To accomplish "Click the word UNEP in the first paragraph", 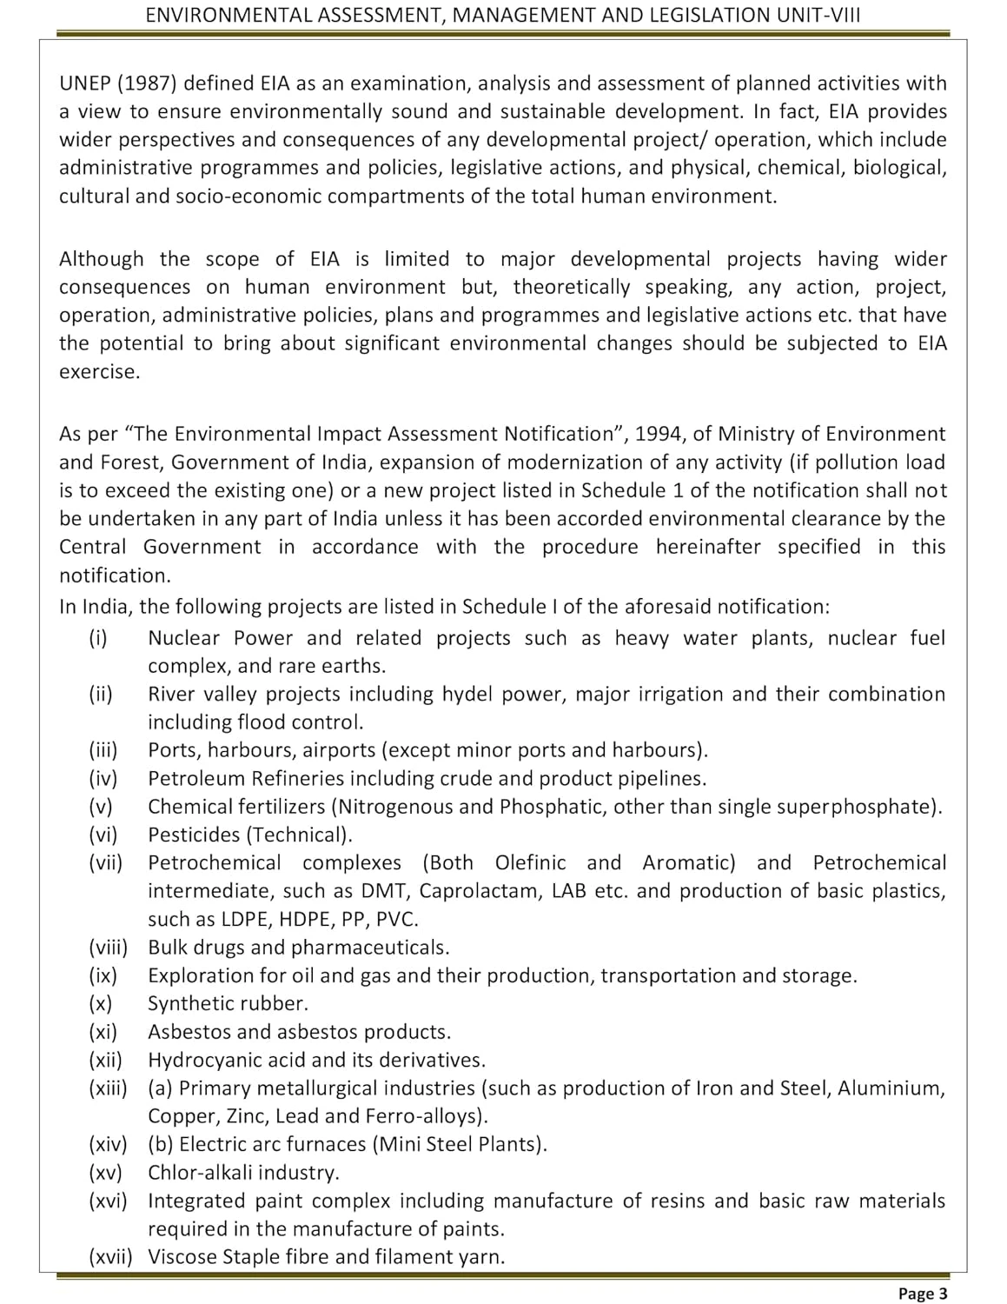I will (x=84, y=83).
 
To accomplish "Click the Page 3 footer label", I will (x=923, y=1294).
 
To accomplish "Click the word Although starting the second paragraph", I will (x=102, y=259).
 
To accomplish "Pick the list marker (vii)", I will (x=106, y=862).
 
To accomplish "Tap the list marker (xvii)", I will (x=110, y=1256).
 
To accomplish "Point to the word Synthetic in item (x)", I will (x=188, y=1003).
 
